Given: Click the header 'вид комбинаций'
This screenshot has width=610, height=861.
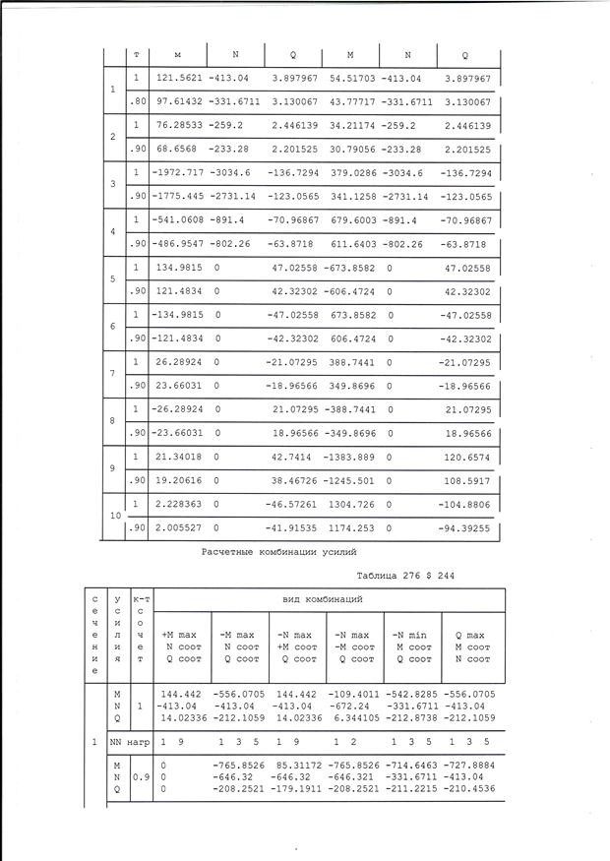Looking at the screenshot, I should point(330,598).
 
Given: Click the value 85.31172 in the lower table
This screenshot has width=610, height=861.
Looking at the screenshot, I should point(291,765).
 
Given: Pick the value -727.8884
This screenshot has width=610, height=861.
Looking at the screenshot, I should point(470,765).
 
